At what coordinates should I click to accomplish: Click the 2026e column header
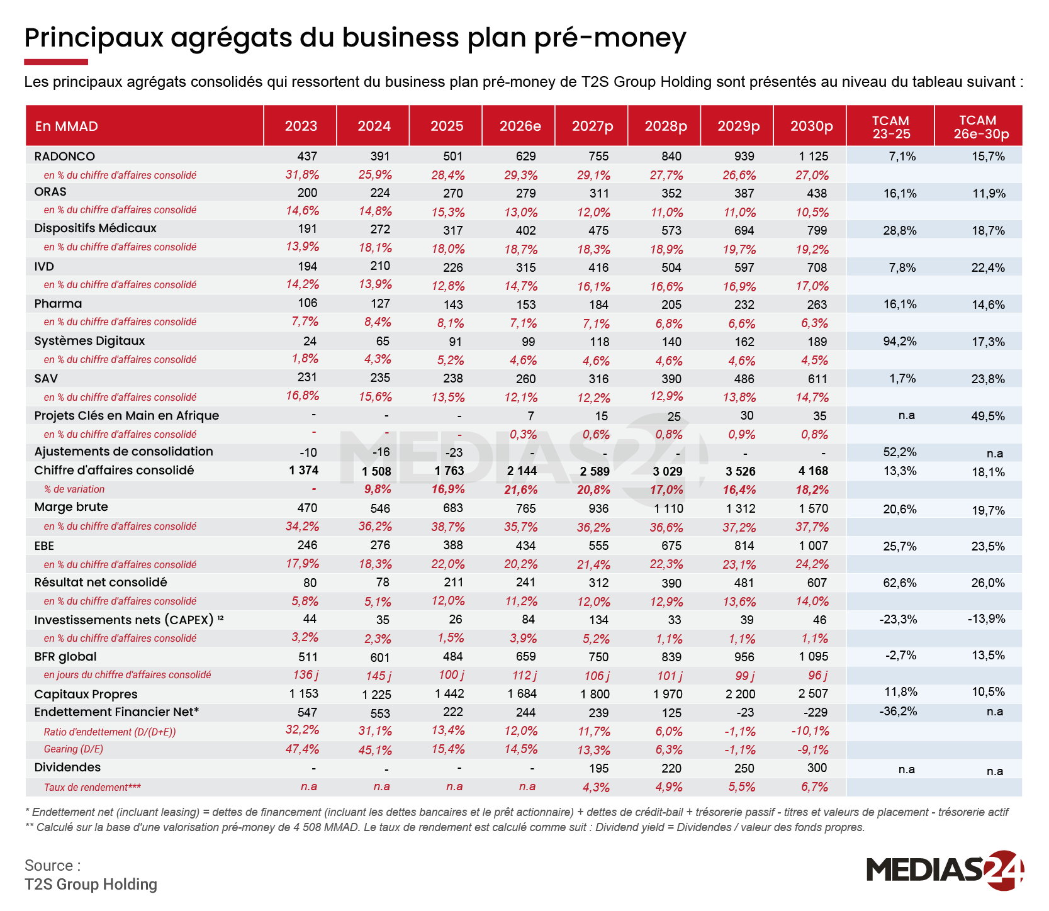(520, 126)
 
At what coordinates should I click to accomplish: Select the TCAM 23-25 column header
(890, 126)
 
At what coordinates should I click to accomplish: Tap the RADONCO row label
(65, 156)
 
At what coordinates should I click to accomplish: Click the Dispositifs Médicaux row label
(96, 228)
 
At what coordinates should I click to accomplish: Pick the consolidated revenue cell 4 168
(814, 471)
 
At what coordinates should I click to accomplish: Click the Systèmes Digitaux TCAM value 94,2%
(900, 342)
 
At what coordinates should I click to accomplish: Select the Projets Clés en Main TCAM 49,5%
(988, 416)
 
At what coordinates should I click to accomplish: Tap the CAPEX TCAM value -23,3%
(898, 619)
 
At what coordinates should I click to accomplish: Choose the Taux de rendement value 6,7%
(815, 787)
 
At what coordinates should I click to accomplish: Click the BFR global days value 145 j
(379, 676)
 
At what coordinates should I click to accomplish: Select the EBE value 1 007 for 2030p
(814, 545)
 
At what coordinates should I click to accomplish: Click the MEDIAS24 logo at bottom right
(945, 870)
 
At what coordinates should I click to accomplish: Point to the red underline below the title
(56, 62)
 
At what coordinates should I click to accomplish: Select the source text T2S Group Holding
(91, 885)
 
